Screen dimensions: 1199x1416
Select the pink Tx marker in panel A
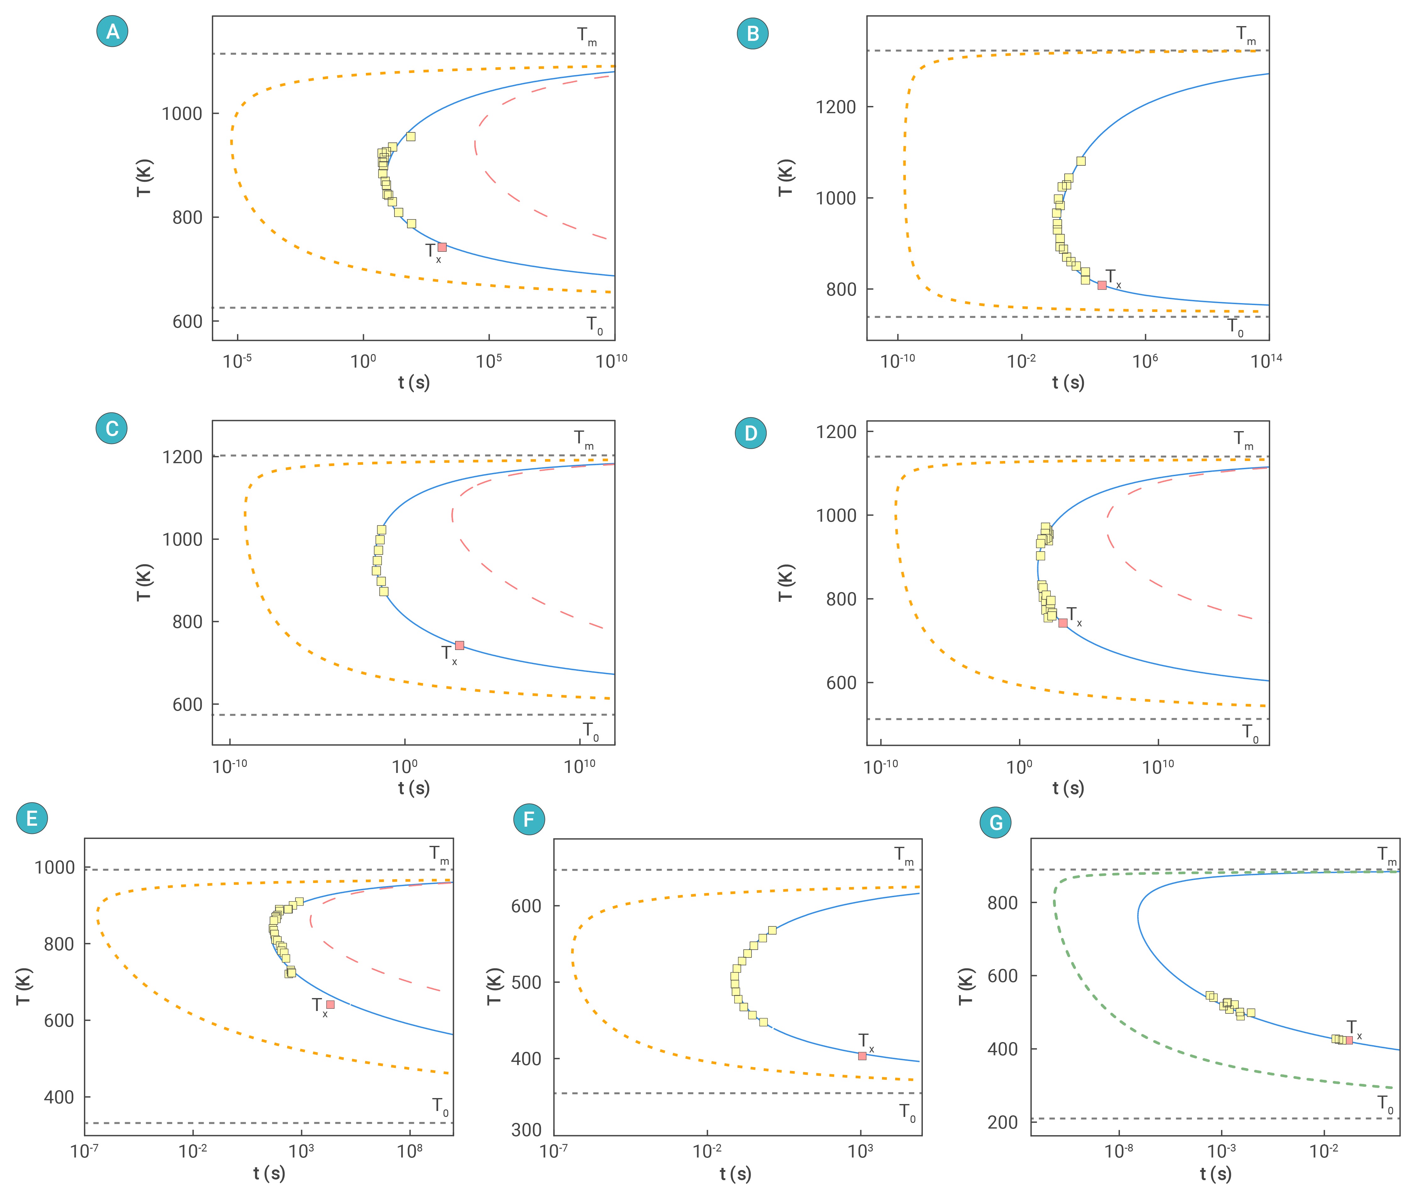coord(442,247)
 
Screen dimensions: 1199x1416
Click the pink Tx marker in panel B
coord(1101,285)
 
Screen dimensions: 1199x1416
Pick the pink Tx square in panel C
coord(459,645)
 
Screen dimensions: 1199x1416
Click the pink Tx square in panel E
coord(330,1004)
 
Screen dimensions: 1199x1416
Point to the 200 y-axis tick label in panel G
coord(1002,1122)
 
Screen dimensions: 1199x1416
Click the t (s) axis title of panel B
coord(1068,383)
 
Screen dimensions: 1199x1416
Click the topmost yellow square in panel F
coord(772,930)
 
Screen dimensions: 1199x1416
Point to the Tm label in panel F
coord(904,855)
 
